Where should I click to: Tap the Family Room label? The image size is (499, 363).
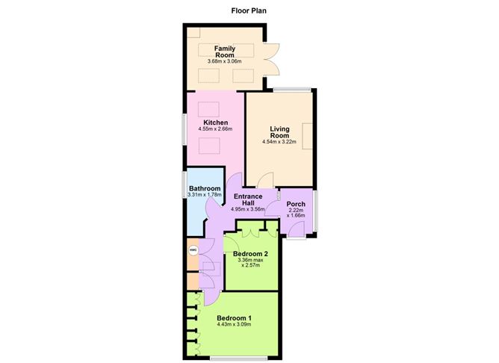coord(225,52)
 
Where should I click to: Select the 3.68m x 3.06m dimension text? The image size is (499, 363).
coord(225,61)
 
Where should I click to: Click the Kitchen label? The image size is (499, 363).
coord(216,122)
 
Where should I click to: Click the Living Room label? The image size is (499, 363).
coord(279,131)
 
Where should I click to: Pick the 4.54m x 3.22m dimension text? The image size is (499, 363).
coord(279,141)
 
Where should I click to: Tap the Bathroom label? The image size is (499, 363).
coord(205,188)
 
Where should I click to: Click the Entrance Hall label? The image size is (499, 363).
coord(248,200)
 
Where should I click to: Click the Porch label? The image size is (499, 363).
coord(297,204)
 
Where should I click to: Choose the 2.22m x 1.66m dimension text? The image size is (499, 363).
coord(297,214)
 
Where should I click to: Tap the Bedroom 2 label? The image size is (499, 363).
coord(250,254)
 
